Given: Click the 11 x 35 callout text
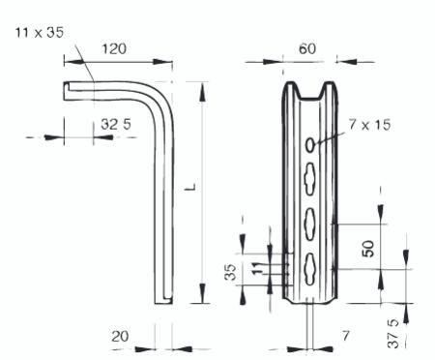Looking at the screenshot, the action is click(40, 33).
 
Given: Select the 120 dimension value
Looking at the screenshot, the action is click(114, 49).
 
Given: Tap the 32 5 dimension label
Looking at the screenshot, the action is click(116, 124).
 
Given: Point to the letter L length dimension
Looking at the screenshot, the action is click(191, 187).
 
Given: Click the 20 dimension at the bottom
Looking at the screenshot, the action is click(120, 337).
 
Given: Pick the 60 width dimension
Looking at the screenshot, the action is click(307, 49).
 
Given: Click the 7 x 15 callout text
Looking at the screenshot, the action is click(369, 125).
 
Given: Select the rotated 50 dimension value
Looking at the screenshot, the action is click(368, 249).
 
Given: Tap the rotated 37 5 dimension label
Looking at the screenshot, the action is click(393, 333).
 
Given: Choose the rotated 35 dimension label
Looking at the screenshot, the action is click(230, 272).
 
